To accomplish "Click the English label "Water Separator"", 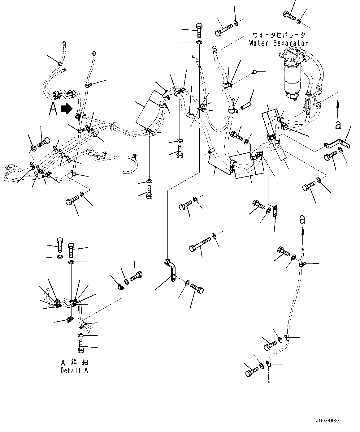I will point(279,43).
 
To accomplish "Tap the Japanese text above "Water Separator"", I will point(279,35).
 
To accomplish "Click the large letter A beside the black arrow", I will point(53,109).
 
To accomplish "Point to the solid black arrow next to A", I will point(66,109).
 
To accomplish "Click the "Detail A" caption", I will point(74,370).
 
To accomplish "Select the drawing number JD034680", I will point(327,421).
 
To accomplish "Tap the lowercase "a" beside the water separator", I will point(338,125).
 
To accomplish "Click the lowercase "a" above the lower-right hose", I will point(302,219).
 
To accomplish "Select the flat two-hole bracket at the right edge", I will point(336,144).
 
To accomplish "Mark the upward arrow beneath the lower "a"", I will point(302,232).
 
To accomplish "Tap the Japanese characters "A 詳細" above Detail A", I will point(74,362).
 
